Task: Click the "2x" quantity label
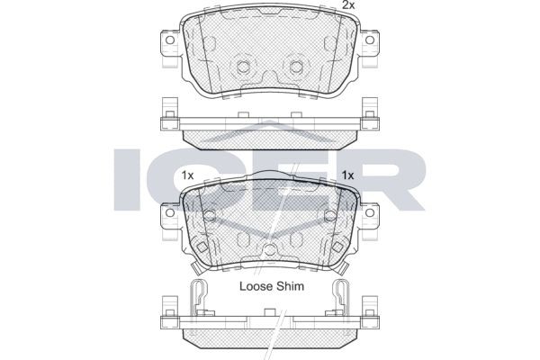pos(348,6)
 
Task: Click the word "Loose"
pos(255,287)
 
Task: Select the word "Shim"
pos(291,287)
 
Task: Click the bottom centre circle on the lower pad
pos(269,251)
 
